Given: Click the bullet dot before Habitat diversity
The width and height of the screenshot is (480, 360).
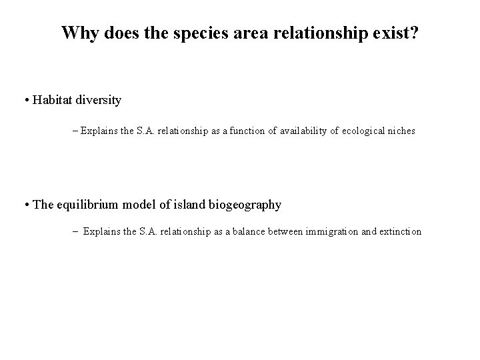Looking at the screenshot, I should (25, 101).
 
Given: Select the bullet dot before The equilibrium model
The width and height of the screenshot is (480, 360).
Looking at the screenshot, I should (25, 205).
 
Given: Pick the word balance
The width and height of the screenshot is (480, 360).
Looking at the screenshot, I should (250, 232).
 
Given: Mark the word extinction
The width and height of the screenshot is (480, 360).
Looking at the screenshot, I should (399, 232).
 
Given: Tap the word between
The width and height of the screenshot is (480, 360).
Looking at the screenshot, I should (286, 232).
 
